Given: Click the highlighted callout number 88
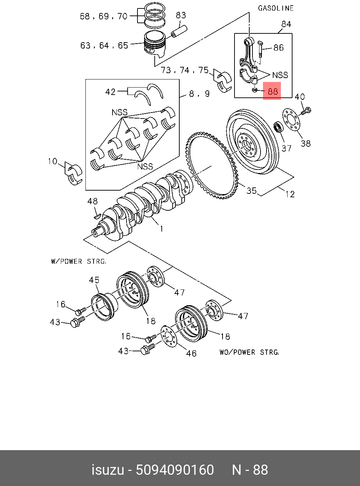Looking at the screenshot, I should coord(272,91).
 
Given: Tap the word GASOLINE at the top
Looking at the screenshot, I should coord(276,8).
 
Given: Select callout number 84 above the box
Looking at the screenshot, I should coord(286,24).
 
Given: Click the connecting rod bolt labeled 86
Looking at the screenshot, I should coord(261,49).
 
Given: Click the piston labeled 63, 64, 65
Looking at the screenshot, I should coord(155,44).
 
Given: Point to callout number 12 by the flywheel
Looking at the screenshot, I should coord(290,194).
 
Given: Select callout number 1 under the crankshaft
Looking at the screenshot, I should coord(161,229).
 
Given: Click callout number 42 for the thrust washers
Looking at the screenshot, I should coord(110,92).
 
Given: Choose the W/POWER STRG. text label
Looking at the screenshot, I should coord(78,261).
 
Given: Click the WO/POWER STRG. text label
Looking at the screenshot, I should coord(249,352).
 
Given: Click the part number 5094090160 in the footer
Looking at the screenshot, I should coord(175,470).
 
